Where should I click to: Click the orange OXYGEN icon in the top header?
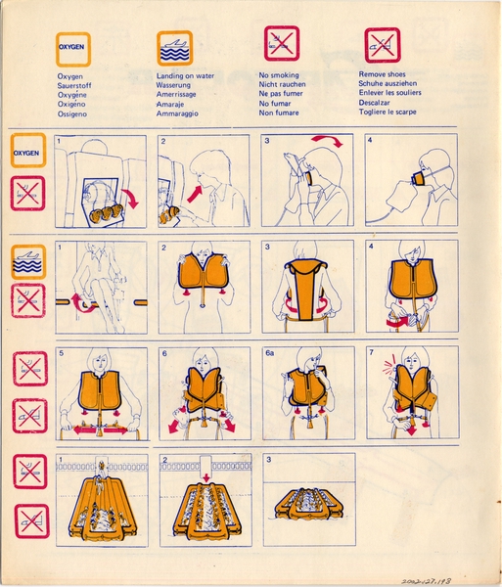tap(73, 46)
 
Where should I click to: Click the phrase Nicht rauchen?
tap(286, 84)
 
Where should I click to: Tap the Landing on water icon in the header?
tap(174, 46)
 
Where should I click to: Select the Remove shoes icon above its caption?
tap(383, 45)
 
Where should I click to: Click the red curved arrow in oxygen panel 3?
tap(327, 144)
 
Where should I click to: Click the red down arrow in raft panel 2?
tap(205, 479)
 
